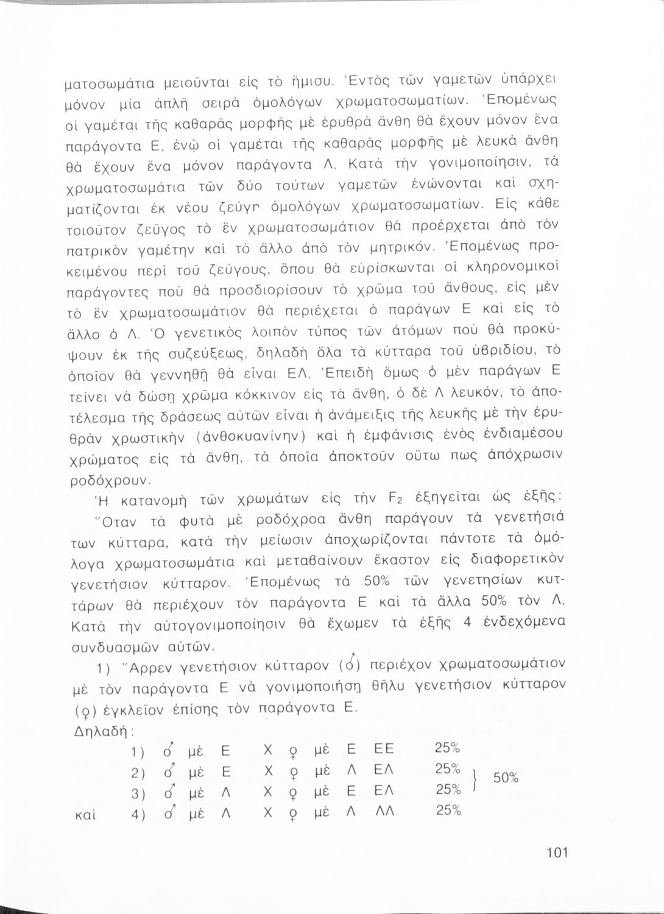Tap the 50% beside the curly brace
[505, 778]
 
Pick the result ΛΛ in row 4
[384, 810]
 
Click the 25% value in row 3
[448, 790]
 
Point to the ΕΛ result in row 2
[384, 769]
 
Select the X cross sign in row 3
[266, 790]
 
